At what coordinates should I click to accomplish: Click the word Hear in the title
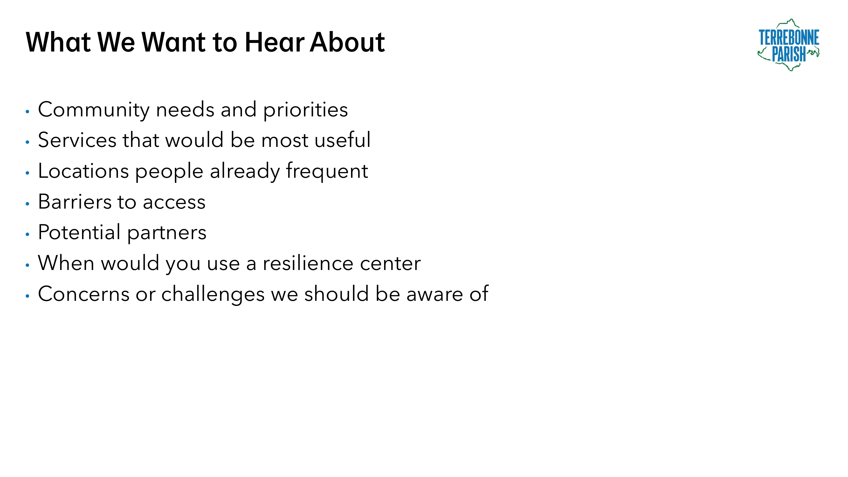tap(274, 42)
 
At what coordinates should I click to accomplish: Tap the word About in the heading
tap(347, 42)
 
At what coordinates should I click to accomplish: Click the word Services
tap(77, 140)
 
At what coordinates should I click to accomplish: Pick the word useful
tap(343, 140)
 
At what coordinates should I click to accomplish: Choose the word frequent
tap(327, 171)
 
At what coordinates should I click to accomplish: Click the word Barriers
tap(74, 202)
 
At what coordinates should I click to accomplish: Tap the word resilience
tap(308, 263)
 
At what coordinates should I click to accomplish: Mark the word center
tap(390, 264)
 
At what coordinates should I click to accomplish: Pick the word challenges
tap(213, 294)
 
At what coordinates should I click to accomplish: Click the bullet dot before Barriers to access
tap(27, 204)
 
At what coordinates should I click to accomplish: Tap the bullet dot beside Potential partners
tap(27, 234)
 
